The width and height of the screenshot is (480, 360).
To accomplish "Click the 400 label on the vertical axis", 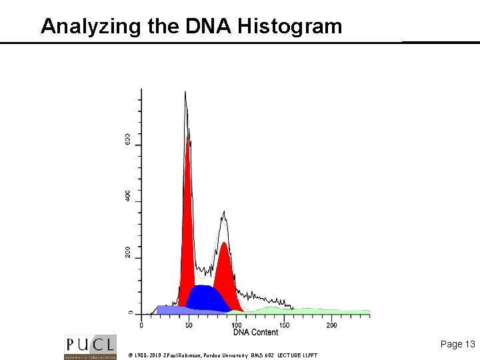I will [x=127, y=196].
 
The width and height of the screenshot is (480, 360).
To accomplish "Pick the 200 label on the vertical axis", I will [x=127, y=253].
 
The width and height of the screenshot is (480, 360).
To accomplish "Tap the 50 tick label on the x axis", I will [x=189, y=325].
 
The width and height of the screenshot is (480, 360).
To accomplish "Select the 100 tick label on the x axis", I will [x=237, y=325].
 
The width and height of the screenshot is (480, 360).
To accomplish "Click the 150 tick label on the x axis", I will [x=284, y=325].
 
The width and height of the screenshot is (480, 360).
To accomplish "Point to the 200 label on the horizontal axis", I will [x=331, y=325].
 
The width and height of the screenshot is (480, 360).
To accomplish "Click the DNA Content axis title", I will [x=255, y=332].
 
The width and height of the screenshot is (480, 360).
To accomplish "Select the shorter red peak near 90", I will [x=225, y=273].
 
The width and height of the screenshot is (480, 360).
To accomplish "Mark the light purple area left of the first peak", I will [x=170, y=309].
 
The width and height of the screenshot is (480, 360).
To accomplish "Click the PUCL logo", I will [x=90, y=347].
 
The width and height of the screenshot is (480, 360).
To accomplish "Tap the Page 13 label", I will [x=457, y=344].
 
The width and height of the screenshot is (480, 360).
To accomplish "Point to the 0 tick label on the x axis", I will [x=141, y=325].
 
